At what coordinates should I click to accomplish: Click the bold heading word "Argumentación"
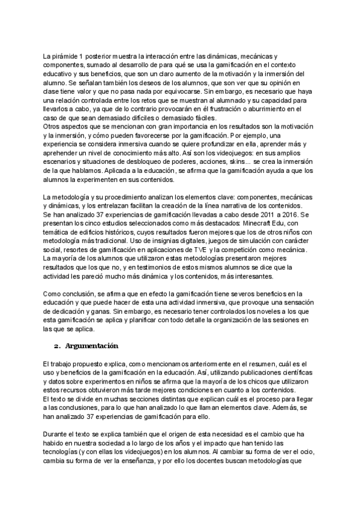click(x=92, y=346)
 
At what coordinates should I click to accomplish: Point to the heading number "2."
click(x=57, y=346)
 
